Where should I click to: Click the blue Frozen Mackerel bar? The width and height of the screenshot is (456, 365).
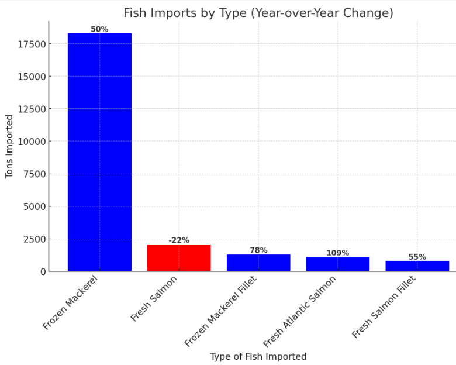click(99, 152)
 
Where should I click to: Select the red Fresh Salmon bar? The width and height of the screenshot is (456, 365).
click(179, 258)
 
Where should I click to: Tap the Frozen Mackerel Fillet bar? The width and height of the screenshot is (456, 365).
click(258, 263)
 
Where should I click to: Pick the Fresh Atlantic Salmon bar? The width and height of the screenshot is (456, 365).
click(337, 264)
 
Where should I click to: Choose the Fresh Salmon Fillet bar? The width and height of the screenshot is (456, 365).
click(417, 266)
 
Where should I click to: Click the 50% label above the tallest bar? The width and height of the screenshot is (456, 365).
click(99, 29)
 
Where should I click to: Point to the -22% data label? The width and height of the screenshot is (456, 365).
click(179, 240)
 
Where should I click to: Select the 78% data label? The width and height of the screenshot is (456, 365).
click(258, 250)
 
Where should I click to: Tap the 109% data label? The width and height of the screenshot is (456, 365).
click(337, 253)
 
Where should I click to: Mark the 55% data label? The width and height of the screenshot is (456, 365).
click(417, 257)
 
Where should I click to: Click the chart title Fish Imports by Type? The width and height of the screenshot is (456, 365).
click(258, 13)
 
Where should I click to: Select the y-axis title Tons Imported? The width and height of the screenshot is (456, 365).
click(9, 146)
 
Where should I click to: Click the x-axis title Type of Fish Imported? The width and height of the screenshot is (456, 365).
click(258, 357)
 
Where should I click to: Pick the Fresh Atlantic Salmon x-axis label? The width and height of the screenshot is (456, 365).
click(300, 311)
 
